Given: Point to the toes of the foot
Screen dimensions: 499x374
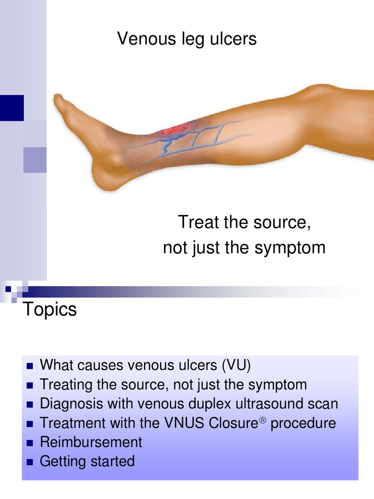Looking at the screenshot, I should [x=61, y=102].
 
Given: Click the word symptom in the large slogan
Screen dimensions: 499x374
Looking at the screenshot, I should [x=294, y=248].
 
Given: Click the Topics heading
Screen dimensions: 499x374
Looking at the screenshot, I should [x=50, y=309].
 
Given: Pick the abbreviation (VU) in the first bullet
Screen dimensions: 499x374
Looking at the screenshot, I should [x=236, y=365].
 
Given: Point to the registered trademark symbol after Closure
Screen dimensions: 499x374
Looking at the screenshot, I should [x=262, y=419].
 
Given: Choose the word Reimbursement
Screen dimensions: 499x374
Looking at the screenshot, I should [x=91, y=442].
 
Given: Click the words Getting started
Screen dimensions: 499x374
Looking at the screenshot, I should [x=87, y=461].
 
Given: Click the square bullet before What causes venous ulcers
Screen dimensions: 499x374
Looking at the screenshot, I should [x=29, y=366].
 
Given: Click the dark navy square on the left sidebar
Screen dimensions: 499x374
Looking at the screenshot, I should [x=12, y=108].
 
